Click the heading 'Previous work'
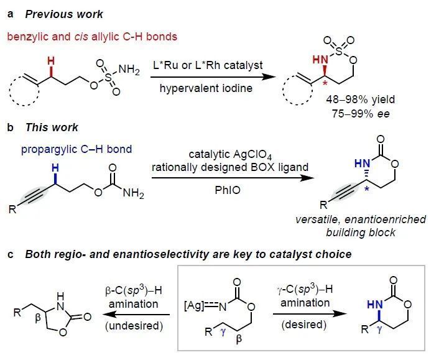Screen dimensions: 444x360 click(64, 14)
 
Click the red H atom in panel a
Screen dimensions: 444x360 click(51, 60)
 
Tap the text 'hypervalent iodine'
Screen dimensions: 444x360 click(206, 88)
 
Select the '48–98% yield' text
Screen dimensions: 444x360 click(360, 99)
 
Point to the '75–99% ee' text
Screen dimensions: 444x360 click(361, 114)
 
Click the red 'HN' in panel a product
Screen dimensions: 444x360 click(320, 60)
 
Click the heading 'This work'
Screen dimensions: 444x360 click(52, 127)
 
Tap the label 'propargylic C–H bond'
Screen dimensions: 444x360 click(76, 149)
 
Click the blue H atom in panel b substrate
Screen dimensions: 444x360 click(55, 168)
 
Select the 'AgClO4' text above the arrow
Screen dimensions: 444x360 click(252, 155)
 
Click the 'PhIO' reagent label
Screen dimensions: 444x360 click(228, 190)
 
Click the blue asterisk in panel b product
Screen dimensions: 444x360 click(367, 189)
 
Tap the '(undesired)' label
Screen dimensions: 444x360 click(134, 326)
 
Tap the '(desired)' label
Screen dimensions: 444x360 click(304, 325)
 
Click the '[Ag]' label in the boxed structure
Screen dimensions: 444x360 click(194, 307)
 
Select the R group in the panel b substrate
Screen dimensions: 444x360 click(12, 210)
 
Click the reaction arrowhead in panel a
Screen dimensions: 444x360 click(269, 76)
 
